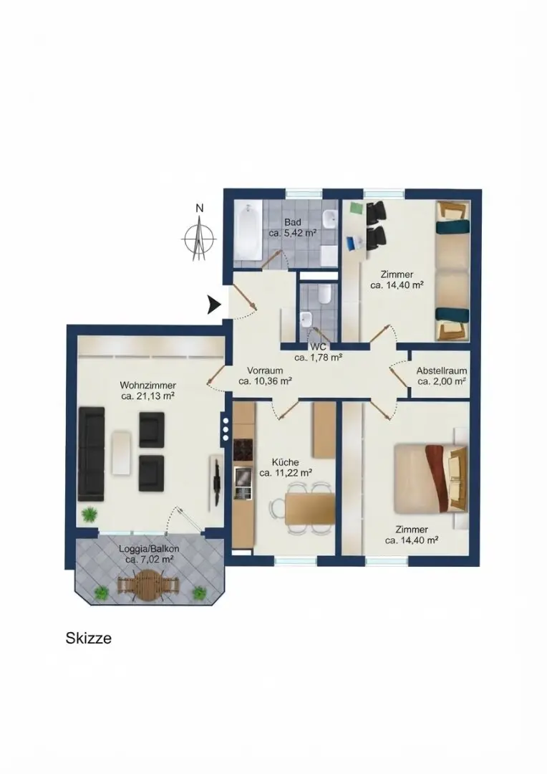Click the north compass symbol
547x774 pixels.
point(199,239)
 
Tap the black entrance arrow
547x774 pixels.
point(213,305)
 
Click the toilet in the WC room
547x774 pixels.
point(324,295)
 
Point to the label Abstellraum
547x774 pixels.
point(442,371)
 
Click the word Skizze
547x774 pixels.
point(89,639)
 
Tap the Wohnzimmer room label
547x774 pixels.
point(148,386)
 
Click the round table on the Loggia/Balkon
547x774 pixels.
point(149,586)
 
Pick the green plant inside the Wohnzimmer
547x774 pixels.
point(90,515)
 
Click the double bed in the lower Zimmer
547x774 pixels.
point(430,478)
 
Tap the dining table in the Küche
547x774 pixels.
point(310,509)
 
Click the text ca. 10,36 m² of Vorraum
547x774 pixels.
point(266,381)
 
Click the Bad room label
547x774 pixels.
point(292,222)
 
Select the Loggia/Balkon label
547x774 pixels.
point(149,549)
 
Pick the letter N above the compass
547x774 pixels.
point(199,209)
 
